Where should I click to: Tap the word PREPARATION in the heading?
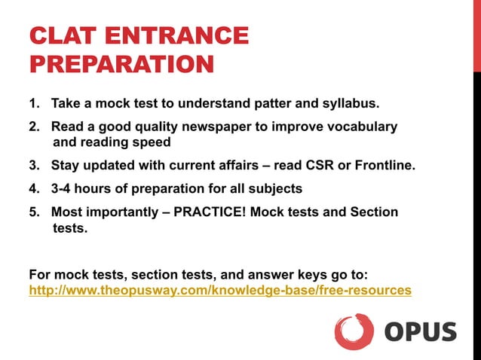coord(121,63)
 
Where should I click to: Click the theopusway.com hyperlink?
coord(220,290)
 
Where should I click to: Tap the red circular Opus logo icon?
coord(354,332)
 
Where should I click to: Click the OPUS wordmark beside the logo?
coord(421,332)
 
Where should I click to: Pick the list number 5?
coord(33,212)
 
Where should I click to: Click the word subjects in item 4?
coord(276,189)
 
